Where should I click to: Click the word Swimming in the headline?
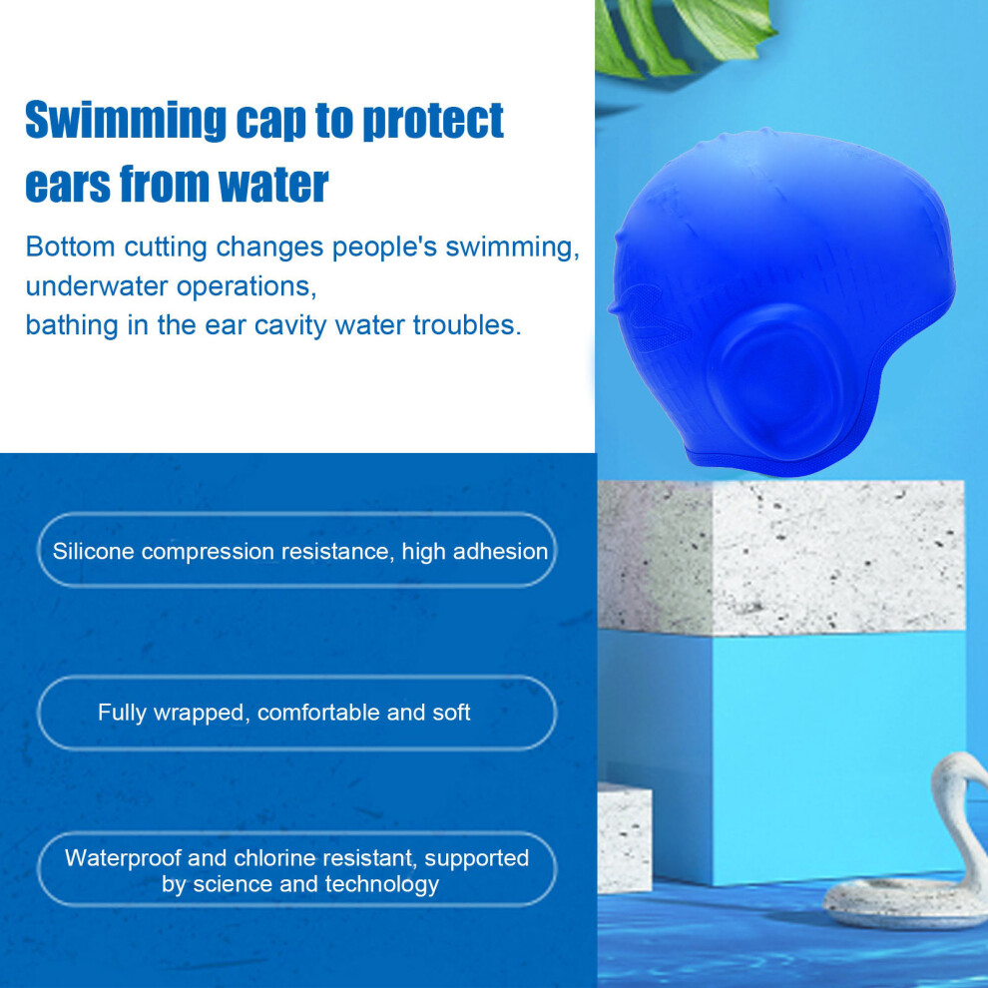(126, 120)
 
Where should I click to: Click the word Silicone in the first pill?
(93, 551)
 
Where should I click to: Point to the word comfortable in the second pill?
(318, 712)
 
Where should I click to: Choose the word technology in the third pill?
(382, 884)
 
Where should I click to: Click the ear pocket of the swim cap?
(775, 378)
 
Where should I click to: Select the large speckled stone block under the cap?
(780, 557)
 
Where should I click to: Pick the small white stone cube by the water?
(624, 838)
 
